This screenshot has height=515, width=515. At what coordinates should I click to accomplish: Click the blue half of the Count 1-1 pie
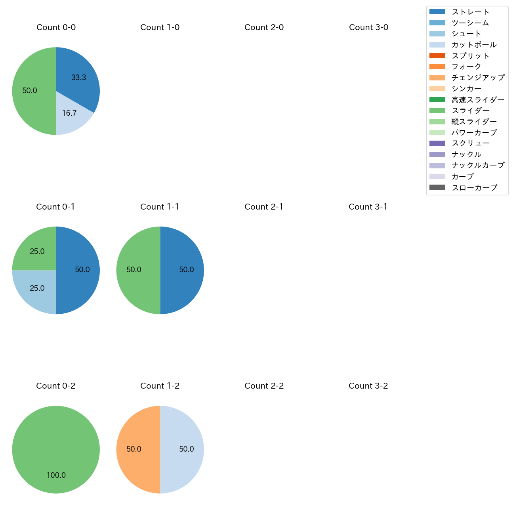[187, 270]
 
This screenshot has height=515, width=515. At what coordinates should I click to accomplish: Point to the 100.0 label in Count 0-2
[56, 475]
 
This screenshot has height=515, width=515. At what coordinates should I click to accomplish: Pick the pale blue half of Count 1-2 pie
[187, 449]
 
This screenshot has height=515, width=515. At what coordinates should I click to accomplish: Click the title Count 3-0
[368, 27]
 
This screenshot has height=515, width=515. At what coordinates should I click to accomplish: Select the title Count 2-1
[264, 207]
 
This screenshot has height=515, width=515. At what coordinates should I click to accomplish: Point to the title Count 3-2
[368, 386]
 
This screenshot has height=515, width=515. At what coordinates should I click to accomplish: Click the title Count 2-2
[264, 386]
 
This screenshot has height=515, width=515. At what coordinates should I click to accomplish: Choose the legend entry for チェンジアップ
[478, 78]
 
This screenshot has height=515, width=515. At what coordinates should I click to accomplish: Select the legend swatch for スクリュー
[437, 143]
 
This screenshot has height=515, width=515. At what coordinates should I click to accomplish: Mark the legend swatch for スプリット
[437, 56]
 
